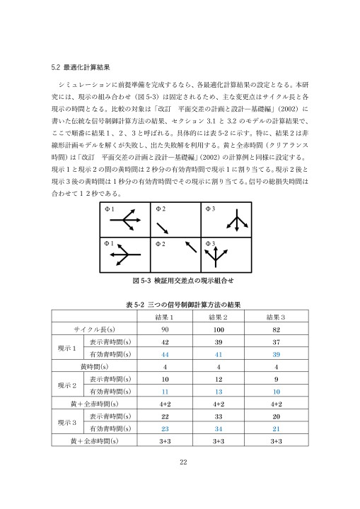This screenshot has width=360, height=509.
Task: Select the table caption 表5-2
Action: (180, 304)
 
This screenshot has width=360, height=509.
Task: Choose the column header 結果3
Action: (277, 316)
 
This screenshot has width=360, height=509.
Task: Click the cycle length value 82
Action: (277, 329)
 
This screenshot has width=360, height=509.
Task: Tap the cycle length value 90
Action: (164, 329)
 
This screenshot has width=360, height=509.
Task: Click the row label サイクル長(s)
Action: (94, 329)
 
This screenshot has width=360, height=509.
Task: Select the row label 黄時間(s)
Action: (94, 366)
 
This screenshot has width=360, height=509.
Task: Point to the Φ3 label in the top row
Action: (209, 209)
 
